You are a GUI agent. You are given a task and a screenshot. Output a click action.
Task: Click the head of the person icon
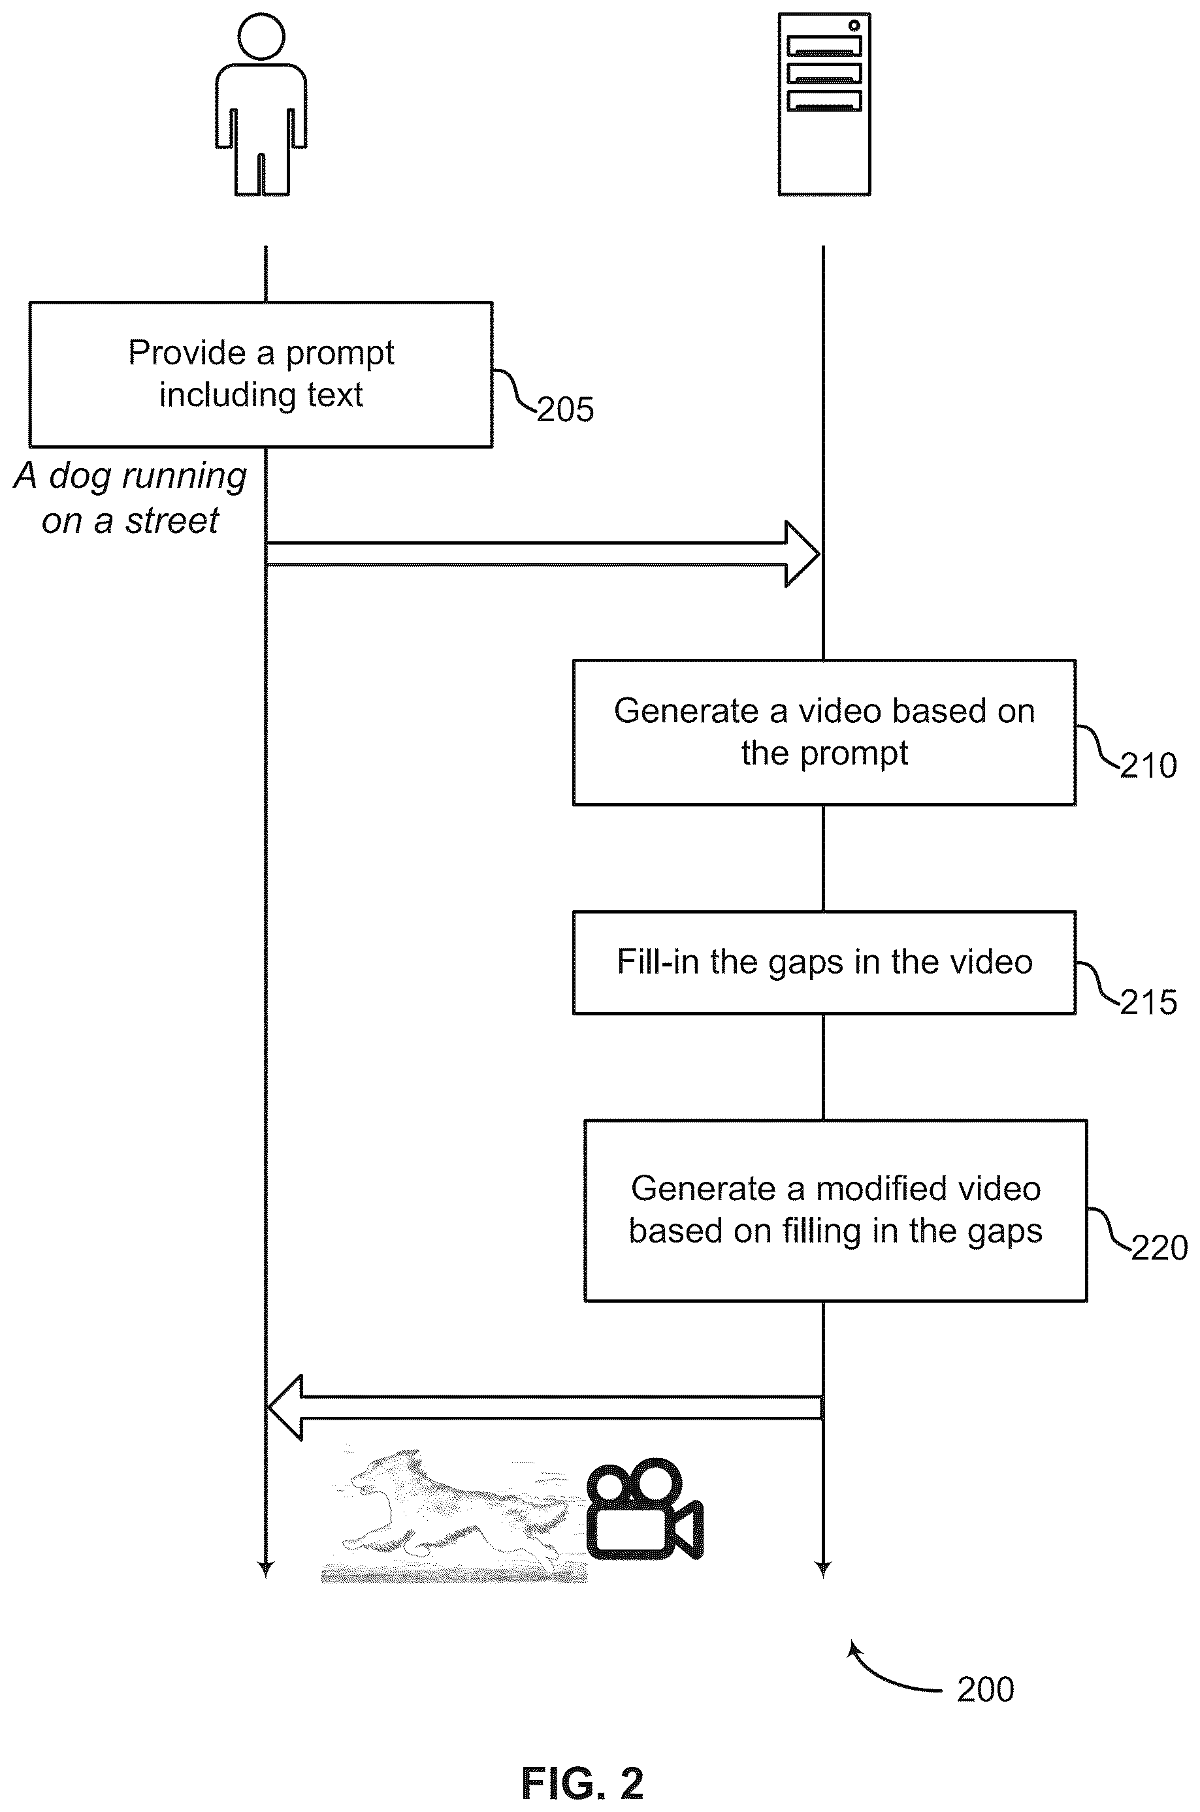[x=261, y=36]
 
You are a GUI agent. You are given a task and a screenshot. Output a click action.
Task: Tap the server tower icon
[x=824, y=104]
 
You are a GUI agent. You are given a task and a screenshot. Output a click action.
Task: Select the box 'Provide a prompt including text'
[x=261, y=374]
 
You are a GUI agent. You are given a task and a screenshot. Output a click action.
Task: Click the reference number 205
[x=565, y=410]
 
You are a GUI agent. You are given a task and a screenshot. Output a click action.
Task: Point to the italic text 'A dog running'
[x=131, y=477]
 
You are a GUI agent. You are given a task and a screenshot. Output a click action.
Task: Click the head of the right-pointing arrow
[x=803, y=554]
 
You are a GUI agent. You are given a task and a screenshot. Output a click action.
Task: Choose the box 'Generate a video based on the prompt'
[x=824, y=732]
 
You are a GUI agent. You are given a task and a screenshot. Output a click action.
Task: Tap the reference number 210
[x=1148, y=766]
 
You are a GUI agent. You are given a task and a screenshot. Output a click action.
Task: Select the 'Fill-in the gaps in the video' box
[x=824, y=962]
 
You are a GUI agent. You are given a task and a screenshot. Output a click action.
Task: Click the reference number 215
[x=1148, y=1003]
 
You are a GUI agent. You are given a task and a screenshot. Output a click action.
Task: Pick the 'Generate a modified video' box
[x=835, y=1210]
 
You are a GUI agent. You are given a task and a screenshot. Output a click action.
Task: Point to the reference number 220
[x=1159, y=1248]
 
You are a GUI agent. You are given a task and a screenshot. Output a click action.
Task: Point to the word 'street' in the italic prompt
[x=172, y=522]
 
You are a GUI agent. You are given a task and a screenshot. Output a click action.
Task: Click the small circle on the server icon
[x=854, y=25]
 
